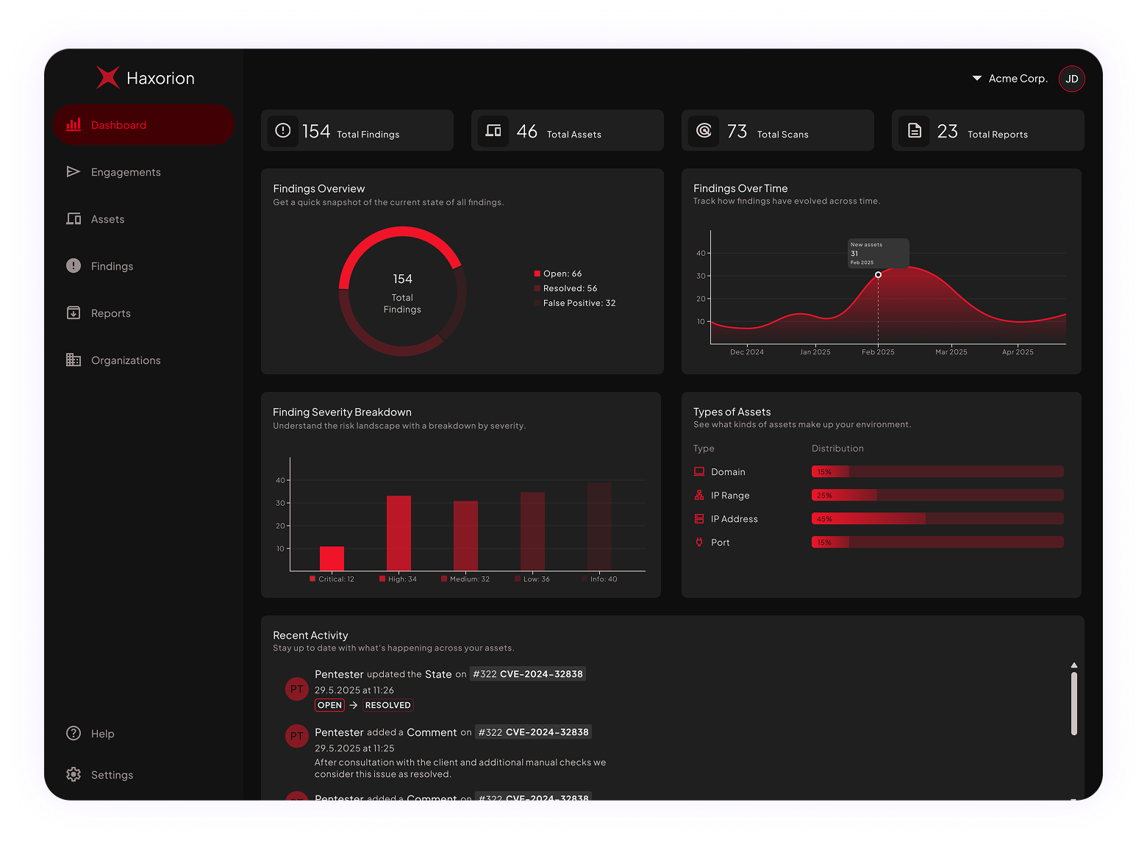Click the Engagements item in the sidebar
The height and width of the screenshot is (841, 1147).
125,172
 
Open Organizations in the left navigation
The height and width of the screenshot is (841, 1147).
125,360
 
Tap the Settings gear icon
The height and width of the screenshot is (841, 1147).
74,775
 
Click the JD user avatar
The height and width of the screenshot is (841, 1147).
1072,79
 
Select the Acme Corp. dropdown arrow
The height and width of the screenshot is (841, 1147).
977,78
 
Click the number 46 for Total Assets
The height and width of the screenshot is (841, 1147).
526,132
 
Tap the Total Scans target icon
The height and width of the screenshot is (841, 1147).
704,131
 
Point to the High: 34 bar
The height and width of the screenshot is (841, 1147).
399,533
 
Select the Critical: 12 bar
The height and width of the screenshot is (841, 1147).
332,559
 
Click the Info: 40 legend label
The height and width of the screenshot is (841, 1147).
604,579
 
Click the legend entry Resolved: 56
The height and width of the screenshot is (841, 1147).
570,288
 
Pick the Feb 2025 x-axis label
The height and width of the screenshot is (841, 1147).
878,352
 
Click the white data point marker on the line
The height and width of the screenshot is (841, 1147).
878,275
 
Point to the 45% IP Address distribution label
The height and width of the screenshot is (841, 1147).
824,519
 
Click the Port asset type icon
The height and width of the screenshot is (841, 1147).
699,543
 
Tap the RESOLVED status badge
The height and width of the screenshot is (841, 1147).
387,705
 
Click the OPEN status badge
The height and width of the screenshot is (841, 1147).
329,705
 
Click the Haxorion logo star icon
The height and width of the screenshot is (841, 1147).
108,77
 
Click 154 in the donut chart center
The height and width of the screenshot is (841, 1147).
402,279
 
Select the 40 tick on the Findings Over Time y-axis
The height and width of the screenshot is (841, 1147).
701,253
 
